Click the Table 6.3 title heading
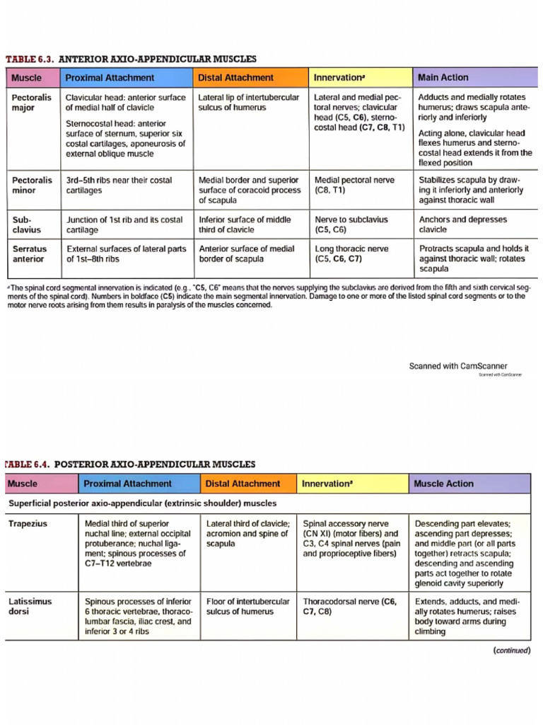click(131, 59)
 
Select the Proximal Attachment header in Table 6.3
click(110, 78)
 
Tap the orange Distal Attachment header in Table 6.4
click(243, 484)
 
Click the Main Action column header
click(443, 78)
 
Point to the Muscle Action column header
click(443, 484)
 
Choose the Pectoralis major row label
click(32, 103)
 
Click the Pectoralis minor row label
click(32, 185)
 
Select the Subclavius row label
click(27, 224)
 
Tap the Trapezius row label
click(28, 524)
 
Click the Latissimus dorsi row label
click(30, 606)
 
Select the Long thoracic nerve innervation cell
click(351, 254)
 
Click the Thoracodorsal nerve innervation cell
click(349, 606)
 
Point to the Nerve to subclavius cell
click(351, 224)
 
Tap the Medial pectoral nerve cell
click(354, 185)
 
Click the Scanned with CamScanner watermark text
click(458, 366)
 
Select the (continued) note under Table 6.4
click(510, 651)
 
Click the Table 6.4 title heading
click(131, 464)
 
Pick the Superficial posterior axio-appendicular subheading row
click(141, 503)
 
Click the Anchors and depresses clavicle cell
click(453, 224)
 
